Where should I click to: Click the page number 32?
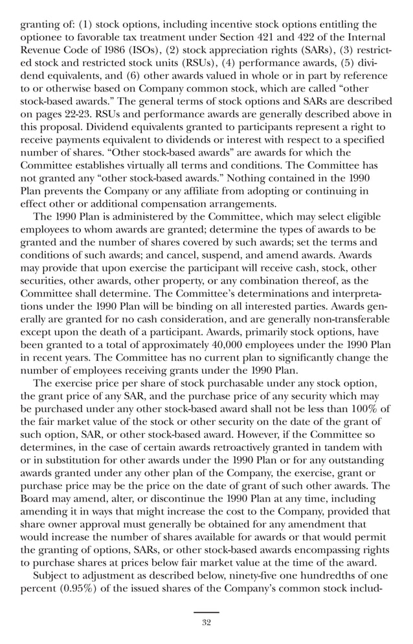[206, 623]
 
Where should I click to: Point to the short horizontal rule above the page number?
[206, 612]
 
